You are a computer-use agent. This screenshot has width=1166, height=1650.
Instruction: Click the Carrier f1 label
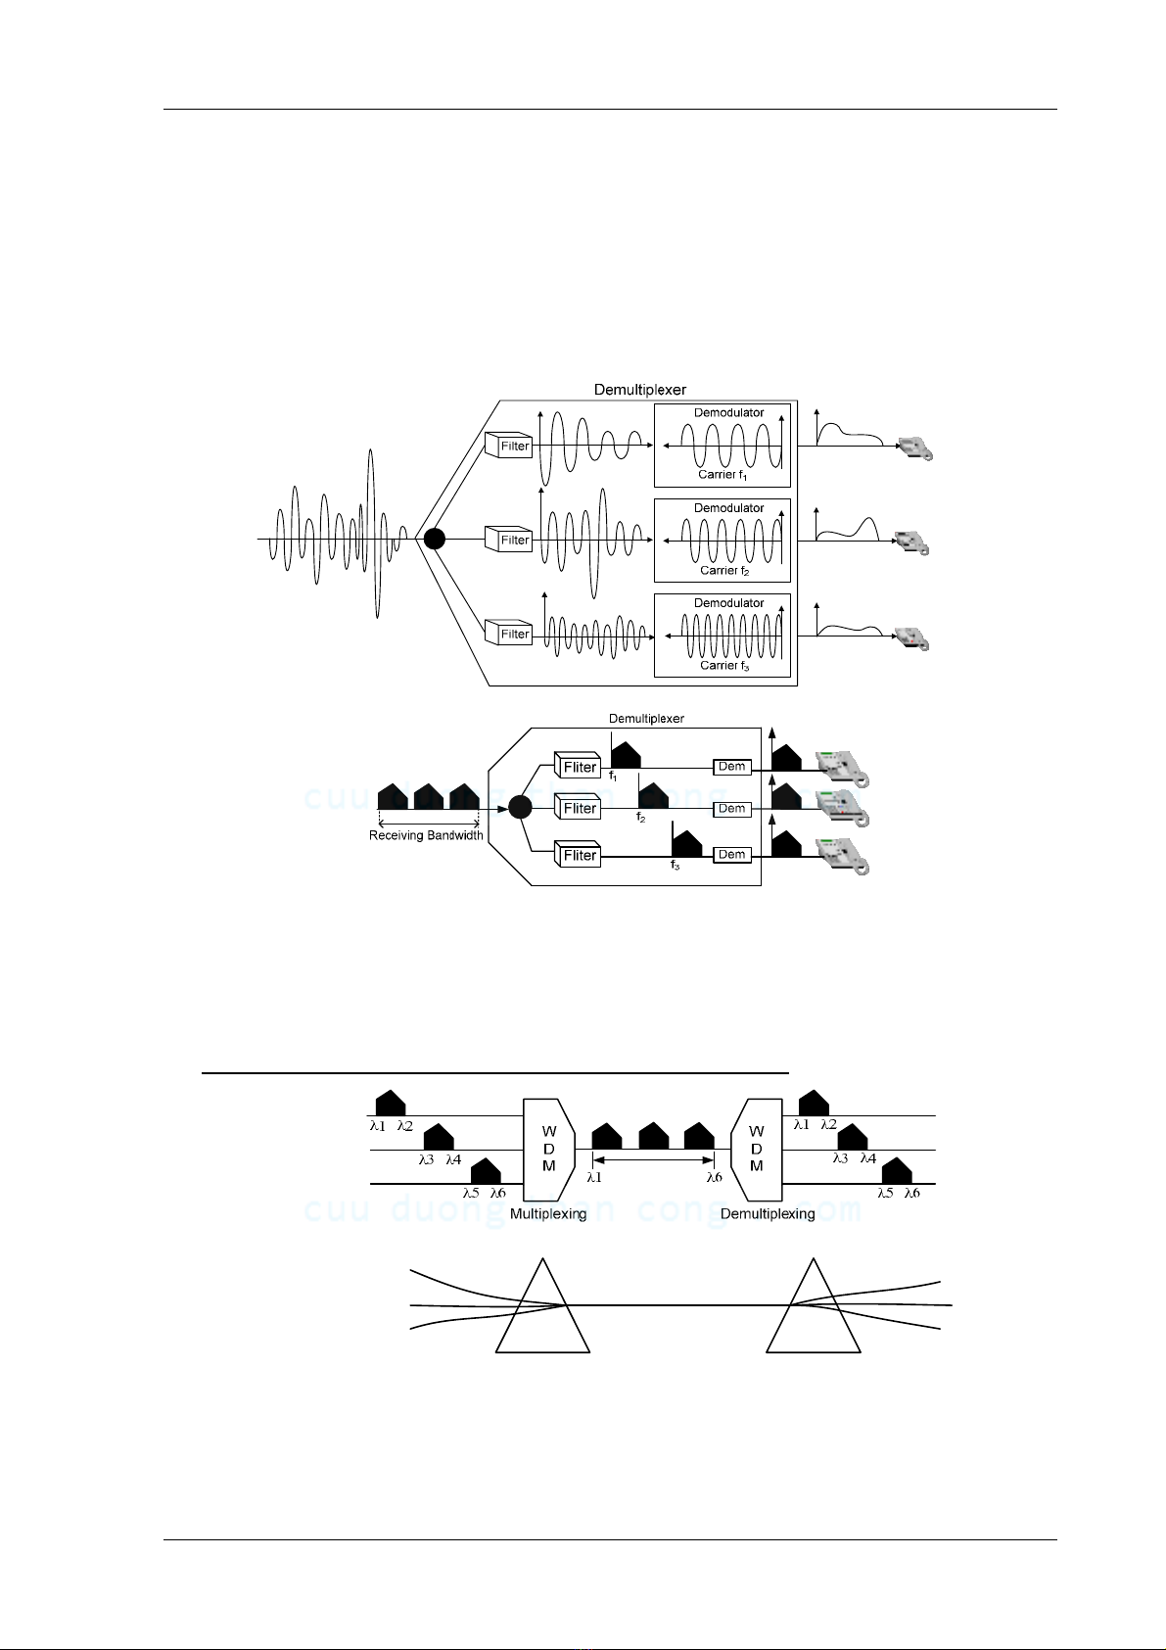pyautogui.click(x=723, y=475)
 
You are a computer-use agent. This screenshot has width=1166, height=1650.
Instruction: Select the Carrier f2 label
pyautogui.click(x=724, y=570)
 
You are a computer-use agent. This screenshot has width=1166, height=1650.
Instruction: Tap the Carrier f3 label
pyautogui.click(x=724, y=665)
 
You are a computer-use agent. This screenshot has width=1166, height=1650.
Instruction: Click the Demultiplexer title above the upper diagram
pyautogui.click(x=640, y=390)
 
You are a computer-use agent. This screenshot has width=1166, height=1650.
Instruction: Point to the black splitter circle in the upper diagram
pyautogui.click(x=435, y=539)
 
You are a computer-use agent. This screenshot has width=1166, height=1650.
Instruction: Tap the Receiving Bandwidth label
pyautogui.click(x=426, y=835)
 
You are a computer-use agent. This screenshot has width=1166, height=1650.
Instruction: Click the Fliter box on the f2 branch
pyautogui.click(x=578, y=808)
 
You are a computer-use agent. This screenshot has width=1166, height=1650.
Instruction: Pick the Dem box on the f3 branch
pyautogui.click(x=731, y=855)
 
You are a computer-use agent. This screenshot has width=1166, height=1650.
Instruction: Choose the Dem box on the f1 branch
pyautogui.click(x=731, y=767)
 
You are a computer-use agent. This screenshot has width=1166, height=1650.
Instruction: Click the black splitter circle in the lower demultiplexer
pyautogui.click(x=520, y=807)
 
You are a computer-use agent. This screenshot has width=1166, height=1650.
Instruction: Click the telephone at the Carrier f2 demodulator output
pyautogui.click(x=912, y=542)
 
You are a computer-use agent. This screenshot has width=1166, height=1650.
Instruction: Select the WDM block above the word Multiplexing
pyautogui.click(x=548, y=1150)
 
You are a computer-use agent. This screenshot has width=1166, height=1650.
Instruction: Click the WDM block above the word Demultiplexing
pyautogui.click(x=757, y=1150)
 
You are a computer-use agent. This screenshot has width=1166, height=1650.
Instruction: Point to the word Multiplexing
pyautogui.click(x=548, y=1214)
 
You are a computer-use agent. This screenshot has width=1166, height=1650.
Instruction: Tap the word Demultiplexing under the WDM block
pyautogui.click(x=768, y=1214)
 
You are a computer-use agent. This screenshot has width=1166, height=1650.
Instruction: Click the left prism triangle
pyautogui.click(x=542, y=1317)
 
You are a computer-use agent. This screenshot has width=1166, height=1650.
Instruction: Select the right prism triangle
pyautogui.click(x=813, y=1317)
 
